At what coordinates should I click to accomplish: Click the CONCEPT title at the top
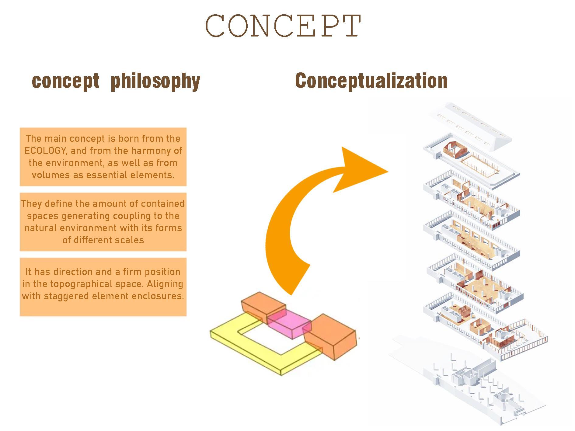284,26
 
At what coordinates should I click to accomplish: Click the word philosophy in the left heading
155,81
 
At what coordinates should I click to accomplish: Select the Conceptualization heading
371,81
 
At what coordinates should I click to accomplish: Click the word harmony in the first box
147,151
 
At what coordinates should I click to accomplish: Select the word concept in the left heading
66,81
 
